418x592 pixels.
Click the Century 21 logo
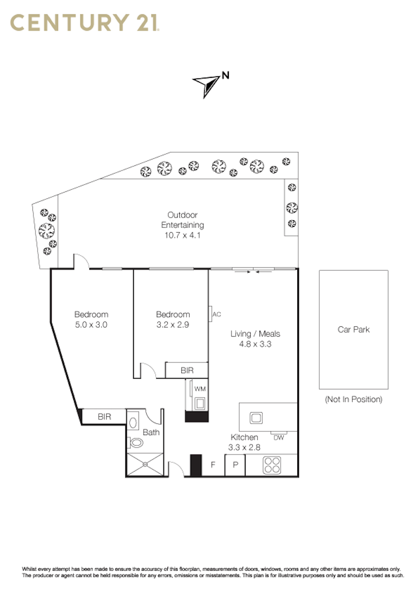pos(85,22)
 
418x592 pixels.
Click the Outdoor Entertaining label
pos(182,220)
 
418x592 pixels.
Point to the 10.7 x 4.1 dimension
pos(182,235)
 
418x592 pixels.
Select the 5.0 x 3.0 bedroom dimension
pos(91,325)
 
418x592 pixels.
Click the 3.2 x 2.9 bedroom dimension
pos(173,325)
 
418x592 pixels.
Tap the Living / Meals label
pos(256,334)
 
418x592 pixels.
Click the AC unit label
pos(217,314)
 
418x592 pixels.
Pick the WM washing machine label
pos(200,389)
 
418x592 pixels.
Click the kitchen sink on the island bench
pos(256,417)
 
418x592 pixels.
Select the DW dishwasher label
pos(279,438)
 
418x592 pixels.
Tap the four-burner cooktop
pos(272,465)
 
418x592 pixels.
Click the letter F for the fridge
pos(213,465)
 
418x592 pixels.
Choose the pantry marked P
pos(236,465)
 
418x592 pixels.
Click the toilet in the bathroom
pos(135,442)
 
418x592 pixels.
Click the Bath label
pos(152,432)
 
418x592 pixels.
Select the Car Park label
pos(354,329)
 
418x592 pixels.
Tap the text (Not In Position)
pos(354,400)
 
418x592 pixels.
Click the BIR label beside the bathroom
pos(104,417)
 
